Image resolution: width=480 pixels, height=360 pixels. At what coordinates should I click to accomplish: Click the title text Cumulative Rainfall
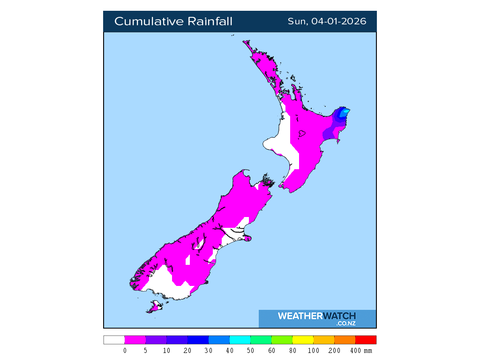click(x=173, y=22)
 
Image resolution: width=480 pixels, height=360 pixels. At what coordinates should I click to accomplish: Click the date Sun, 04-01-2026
click(x=327, y=22)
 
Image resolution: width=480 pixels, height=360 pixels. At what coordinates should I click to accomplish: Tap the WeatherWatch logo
click(x=317, y=318)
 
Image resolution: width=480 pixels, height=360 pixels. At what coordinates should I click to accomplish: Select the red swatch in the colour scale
click(x=366, y=340)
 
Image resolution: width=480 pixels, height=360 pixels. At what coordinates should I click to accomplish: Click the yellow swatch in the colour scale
click(x=302, y=340)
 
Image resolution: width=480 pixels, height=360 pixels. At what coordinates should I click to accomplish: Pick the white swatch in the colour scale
click(x=114, y=340)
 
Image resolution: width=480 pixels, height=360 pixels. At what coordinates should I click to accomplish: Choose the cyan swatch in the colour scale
click(x=240, y=340)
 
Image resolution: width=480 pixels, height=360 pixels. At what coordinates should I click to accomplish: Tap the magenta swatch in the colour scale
click(x=135, y=340)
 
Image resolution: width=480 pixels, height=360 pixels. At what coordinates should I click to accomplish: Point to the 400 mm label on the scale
click(x=362, y=351)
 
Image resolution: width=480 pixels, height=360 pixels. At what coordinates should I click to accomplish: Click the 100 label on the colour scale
click(x=314, y=351)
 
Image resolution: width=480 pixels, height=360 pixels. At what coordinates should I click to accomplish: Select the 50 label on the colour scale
click(x=250, y=351)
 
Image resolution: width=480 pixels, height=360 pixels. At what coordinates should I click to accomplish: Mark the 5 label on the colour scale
click(x=146, y=351)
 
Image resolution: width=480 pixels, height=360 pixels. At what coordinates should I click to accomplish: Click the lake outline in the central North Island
click(x=301, y=135)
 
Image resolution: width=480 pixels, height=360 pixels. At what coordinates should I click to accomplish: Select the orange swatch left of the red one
click(x=345, y=340)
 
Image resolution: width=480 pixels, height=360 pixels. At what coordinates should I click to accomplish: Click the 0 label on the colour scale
click(x=125, y=351)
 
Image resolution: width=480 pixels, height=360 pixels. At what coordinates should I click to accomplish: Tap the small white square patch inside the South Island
click(x=188, y=259)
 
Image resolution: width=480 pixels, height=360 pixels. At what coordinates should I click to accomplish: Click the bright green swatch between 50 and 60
click(x=261, y=340)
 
